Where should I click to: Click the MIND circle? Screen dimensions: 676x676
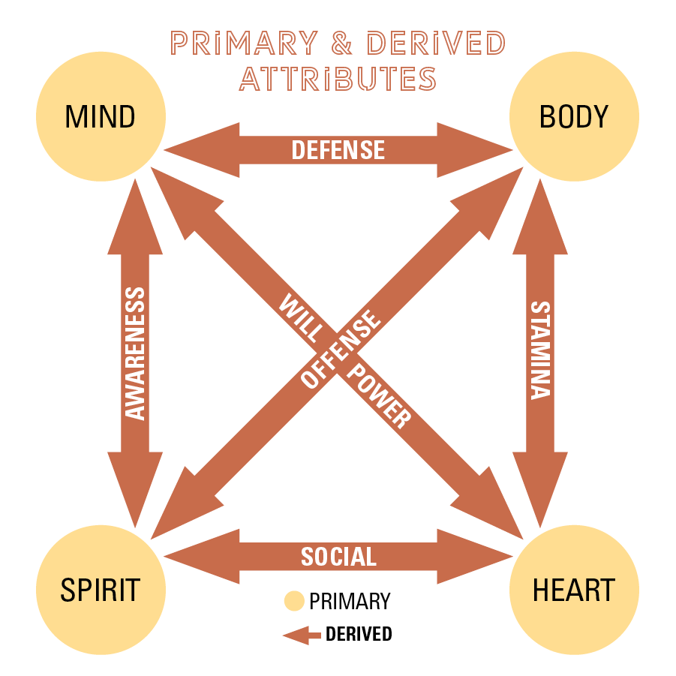point(100,117)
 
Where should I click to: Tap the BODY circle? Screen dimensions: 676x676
point(574,117)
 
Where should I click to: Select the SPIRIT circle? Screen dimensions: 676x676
point(100,590)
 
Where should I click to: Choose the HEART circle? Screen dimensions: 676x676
point(574,590)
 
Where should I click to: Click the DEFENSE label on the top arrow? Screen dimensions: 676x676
point(338,150)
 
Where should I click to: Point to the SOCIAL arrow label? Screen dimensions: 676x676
point(338,556)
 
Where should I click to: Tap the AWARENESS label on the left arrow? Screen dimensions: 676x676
point(135,353)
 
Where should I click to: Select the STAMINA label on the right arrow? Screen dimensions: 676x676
point(540,350)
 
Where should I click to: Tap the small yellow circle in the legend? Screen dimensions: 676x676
point(294,601)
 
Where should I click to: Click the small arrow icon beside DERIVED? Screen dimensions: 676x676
point(301,635)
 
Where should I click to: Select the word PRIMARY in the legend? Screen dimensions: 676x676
point(350,601)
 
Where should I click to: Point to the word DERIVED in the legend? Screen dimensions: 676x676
point(359,634)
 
